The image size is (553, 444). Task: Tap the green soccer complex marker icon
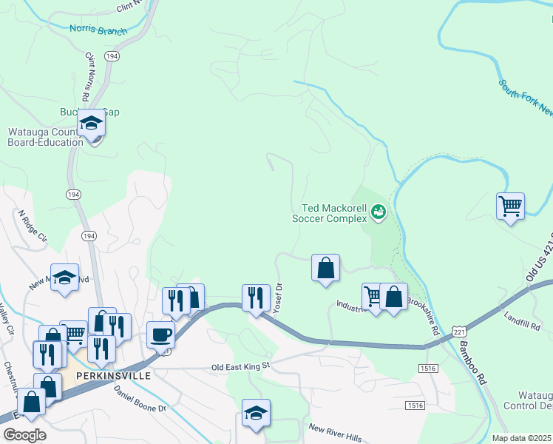click(379, 213)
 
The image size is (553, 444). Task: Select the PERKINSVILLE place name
click(113, 375)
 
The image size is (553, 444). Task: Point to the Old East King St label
click(242, 366)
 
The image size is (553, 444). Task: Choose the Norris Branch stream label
click(98, 30)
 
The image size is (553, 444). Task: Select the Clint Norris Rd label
click(87, 77)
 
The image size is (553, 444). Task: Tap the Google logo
click(24, 435)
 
